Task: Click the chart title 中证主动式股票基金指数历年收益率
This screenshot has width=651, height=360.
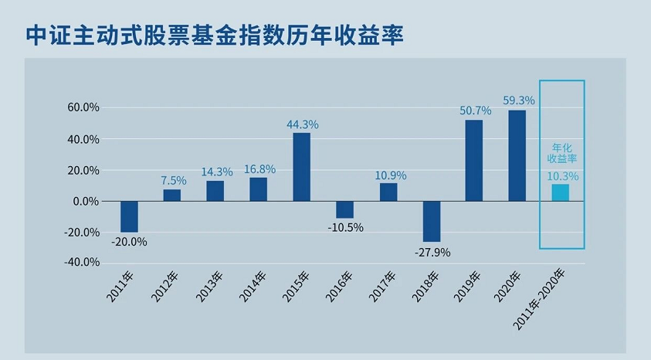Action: click(215, 36)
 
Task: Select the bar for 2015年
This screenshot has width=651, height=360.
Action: click(301, 167)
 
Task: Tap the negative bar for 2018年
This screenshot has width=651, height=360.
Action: click(431, 222)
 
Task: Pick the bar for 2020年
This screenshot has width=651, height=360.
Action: click(517, 155)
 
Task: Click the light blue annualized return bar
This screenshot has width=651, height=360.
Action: click(561, 192)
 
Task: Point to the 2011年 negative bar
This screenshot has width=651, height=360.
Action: click(129, 216)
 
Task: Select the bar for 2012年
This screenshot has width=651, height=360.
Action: click(171, 195)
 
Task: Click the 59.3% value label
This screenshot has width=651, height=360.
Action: click(519, 100)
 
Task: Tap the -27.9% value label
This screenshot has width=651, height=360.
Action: click(432, 252)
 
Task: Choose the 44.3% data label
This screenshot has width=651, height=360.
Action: click(303, 124)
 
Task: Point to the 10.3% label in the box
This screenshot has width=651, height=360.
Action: click(562, 176)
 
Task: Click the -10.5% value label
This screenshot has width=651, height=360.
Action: click(345, 229)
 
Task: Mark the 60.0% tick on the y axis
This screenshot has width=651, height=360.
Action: click(83, 108)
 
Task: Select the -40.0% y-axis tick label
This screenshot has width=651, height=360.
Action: click(81, 262)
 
